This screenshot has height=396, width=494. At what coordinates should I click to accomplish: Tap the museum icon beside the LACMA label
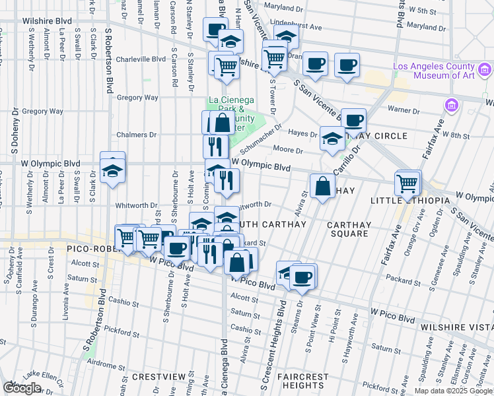(485, 68)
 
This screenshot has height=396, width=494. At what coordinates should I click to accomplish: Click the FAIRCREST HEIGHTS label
(303, 381)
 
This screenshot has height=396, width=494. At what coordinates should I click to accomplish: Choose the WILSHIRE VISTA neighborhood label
(458, 325)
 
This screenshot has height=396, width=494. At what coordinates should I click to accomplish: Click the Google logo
(22, 388)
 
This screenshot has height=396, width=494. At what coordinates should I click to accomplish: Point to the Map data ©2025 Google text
(453, 391)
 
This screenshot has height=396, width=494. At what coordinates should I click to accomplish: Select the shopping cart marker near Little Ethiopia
(407, 182)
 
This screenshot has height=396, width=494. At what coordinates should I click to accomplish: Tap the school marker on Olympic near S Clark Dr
(113, 168)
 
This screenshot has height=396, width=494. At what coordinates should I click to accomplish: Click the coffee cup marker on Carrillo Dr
(353, 120)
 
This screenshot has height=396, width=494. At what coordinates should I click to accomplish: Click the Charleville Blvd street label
(140, 59)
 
